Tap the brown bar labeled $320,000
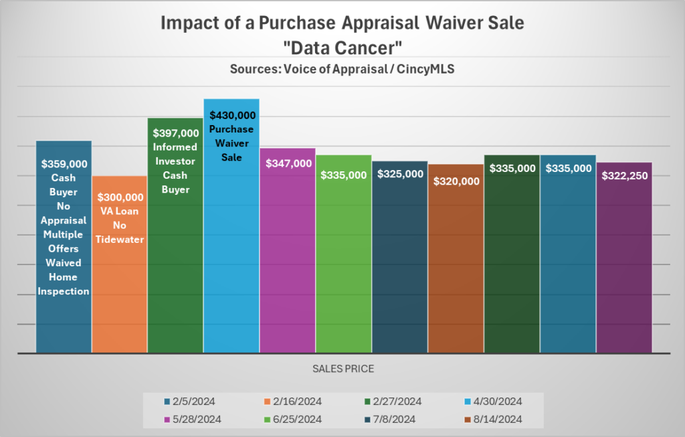455,268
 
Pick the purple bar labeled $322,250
624,268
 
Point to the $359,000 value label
64,163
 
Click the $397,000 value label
176,133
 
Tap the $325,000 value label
400,174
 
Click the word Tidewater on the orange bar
120,239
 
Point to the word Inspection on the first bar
64,291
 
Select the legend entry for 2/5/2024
189,402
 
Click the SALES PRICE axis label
342,369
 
